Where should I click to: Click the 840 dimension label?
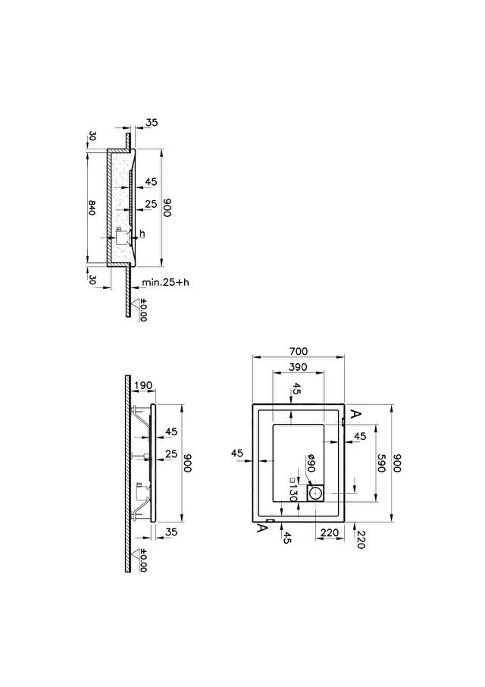(x=92, y=207)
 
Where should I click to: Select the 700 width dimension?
(x=299, y=351)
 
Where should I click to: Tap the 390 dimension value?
(x=298, y=367)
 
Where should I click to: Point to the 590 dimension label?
(x=380, y=463)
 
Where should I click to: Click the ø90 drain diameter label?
(x=311, y=463)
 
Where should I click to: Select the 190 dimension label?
(x=143, y=385)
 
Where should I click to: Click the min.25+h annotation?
(x=165, y=282)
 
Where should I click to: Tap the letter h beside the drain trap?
(x=142, y=234)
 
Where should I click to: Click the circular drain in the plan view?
(x=315, y=494)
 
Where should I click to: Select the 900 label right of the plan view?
(x=396, y=463)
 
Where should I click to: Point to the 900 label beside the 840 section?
(x=167, y=207)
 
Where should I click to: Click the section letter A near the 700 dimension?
(x=356, y=413)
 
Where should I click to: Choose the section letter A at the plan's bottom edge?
(x=261, y=529)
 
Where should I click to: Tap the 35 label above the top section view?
(x=152, y=123)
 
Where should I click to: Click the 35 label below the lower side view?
(x=171, y=532)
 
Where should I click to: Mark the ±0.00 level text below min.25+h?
(x=142, y=310)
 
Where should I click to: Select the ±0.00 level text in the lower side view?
(x=142, y=560)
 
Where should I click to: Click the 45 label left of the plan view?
(x=236, y=453)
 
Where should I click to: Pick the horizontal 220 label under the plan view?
(x=330, y=533)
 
